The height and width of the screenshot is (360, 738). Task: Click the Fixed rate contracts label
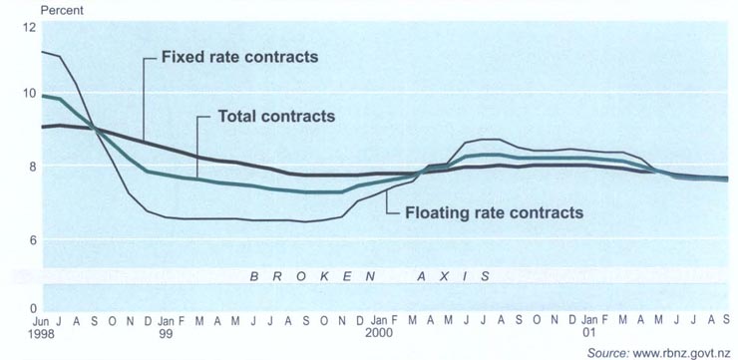[239, 57]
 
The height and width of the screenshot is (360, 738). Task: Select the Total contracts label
[276, 117]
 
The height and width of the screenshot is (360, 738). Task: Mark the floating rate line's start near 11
[41, 51]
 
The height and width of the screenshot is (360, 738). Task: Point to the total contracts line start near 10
[41, 96]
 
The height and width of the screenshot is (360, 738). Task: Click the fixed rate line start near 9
[41, 127]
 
